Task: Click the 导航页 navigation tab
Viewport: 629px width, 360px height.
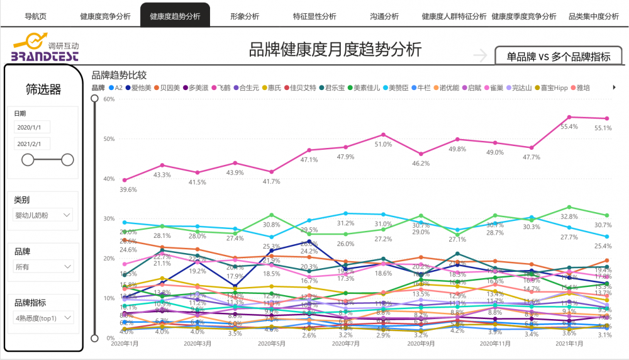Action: pos(37,16)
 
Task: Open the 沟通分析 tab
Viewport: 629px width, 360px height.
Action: pos(384,16)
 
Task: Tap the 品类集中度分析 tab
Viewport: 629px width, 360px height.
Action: pos(594,16)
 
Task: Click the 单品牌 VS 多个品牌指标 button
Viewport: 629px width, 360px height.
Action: pos(559,57)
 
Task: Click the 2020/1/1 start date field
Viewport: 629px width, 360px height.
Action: pos(32,128)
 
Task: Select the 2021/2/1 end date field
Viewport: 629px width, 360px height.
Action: pos(32,144)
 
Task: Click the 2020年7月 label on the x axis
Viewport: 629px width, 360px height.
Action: pos(345,344)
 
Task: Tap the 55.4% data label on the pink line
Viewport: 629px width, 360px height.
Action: pos(569,127)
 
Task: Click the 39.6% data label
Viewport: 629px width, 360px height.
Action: pos(128,189)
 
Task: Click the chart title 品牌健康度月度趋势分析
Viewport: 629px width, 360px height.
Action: pos(335,49)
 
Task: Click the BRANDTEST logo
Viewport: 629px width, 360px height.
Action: pos(45,50)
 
